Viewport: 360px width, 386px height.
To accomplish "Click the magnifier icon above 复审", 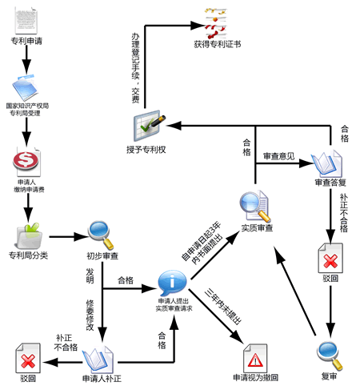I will click(x=329, y=351).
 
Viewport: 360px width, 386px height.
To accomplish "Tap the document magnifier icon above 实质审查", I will click(x=256, y=207).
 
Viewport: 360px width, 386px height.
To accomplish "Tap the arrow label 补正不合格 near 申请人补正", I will click(x=67, y=343).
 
